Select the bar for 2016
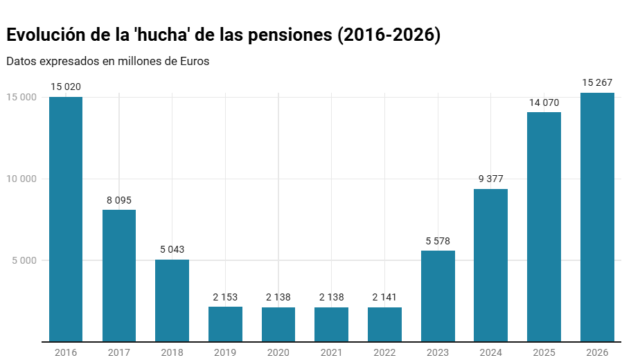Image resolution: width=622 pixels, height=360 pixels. pos(66,219)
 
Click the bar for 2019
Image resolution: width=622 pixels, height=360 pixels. pos(225,324)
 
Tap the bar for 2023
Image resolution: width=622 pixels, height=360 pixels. pos(438,296)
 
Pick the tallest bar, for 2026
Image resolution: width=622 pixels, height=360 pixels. pos(597,217)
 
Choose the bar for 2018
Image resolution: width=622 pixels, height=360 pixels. pos(172,300)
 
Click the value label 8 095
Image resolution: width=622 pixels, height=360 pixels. pos(119,200)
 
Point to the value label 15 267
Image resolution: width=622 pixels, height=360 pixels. pos(597,83)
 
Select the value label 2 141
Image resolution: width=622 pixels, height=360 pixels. pos(384,298)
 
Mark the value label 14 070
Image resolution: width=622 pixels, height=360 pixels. pos(544,102)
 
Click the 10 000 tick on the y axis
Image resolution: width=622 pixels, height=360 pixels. pos(21,179)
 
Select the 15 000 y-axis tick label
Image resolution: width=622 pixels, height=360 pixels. pos(21,97)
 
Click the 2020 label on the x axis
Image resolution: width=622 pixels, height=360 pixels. pos(278,352)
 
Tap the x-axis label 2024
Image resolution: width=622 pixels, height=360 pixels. pos(491,352)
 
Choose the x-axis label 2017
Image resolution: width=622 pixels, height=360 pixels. pos(119,352)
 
